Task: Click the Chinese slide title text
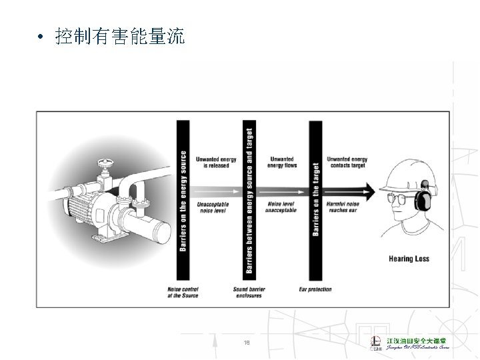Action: (120, 37)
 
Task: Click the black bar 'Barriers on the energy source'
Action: (183, 200)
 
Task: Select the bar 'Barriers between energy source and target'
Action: (249, 200)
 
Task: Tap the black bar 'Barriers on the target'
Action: (315, 200)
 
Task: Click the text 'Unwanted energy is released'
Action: (215, 162)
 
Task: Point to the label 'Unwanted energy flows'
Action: (281, 162)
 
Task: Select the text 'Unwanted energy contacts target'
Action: (347, 162)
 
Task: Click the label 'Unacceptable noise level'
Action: (213, 207)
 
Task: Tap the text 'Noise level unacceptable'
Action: (281, 207)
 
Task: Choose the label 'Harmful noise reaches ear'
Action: (343, 207)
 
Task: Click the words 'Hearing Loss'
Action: (409, 259)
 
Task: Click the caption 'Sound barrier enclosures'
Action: (249, 292)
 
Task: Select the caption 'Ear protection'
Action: (315, 289)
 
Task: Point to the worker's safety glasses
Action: (398, 196)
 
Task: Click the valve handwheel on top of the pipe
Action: (103, 163)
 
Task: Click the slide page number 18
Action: (247, 343)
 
